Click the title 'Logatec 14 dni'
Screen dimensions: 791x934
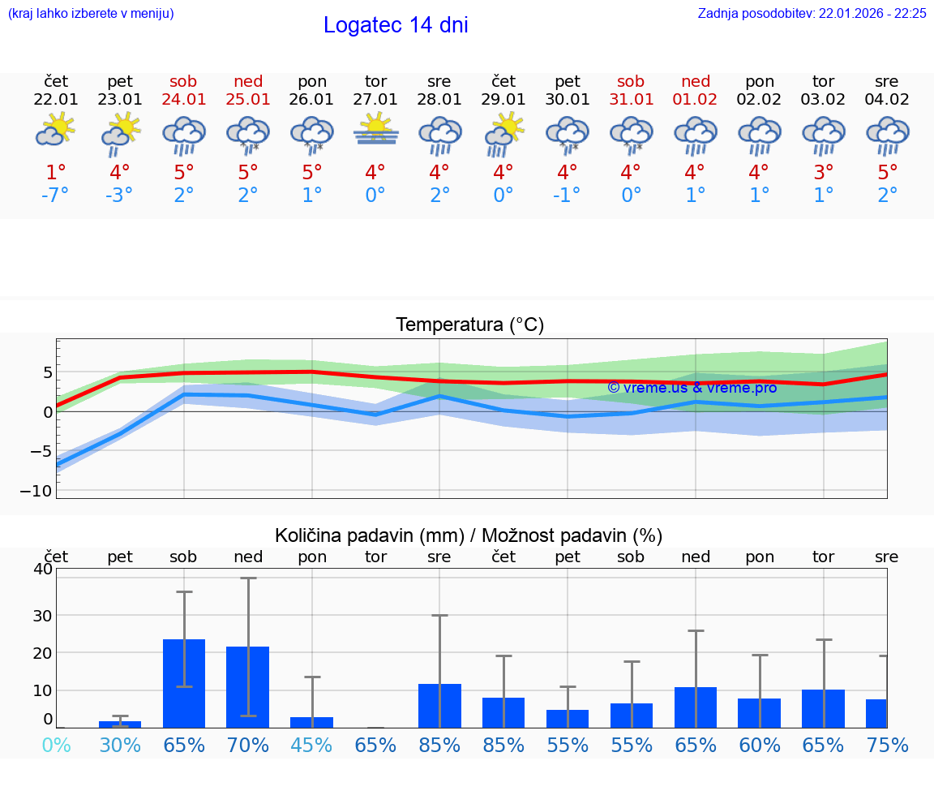coord(396,25)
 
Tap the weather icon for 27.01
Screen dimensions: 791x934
coord(375,131)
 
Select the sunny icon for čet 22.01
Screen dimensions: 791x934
coord(56,130)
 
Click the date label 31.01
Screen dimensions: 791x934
coord(631,100)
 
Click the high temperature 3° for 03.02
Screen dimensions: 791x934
coord(824,173)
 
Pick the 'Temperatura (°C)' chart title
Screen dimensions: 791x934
coord(469,325)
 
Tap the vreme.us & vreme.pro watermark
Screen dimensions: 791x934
coord(692,388)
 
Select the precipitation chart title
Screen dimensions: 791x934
coord(469,535)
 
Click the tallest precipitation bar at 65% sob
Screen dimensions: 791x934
coord(184,683)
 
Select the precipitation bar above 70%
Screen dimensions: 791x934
coord(248,686)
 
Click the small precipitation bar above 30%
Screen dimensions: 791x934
coord(120,724)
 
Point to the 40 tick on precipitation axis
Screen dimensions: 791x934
coord(42,569)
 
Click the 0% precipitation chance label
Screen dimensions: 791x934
coord(56,745)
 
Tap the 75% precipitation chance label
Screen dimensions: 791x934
coord(887,745)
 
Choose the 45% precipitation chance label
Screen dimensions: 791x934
coord(312,745)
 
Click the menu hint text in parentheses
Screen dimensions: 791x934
coord(91,13)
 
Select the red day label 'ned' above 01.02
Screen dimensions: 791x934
coord(696,81)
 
